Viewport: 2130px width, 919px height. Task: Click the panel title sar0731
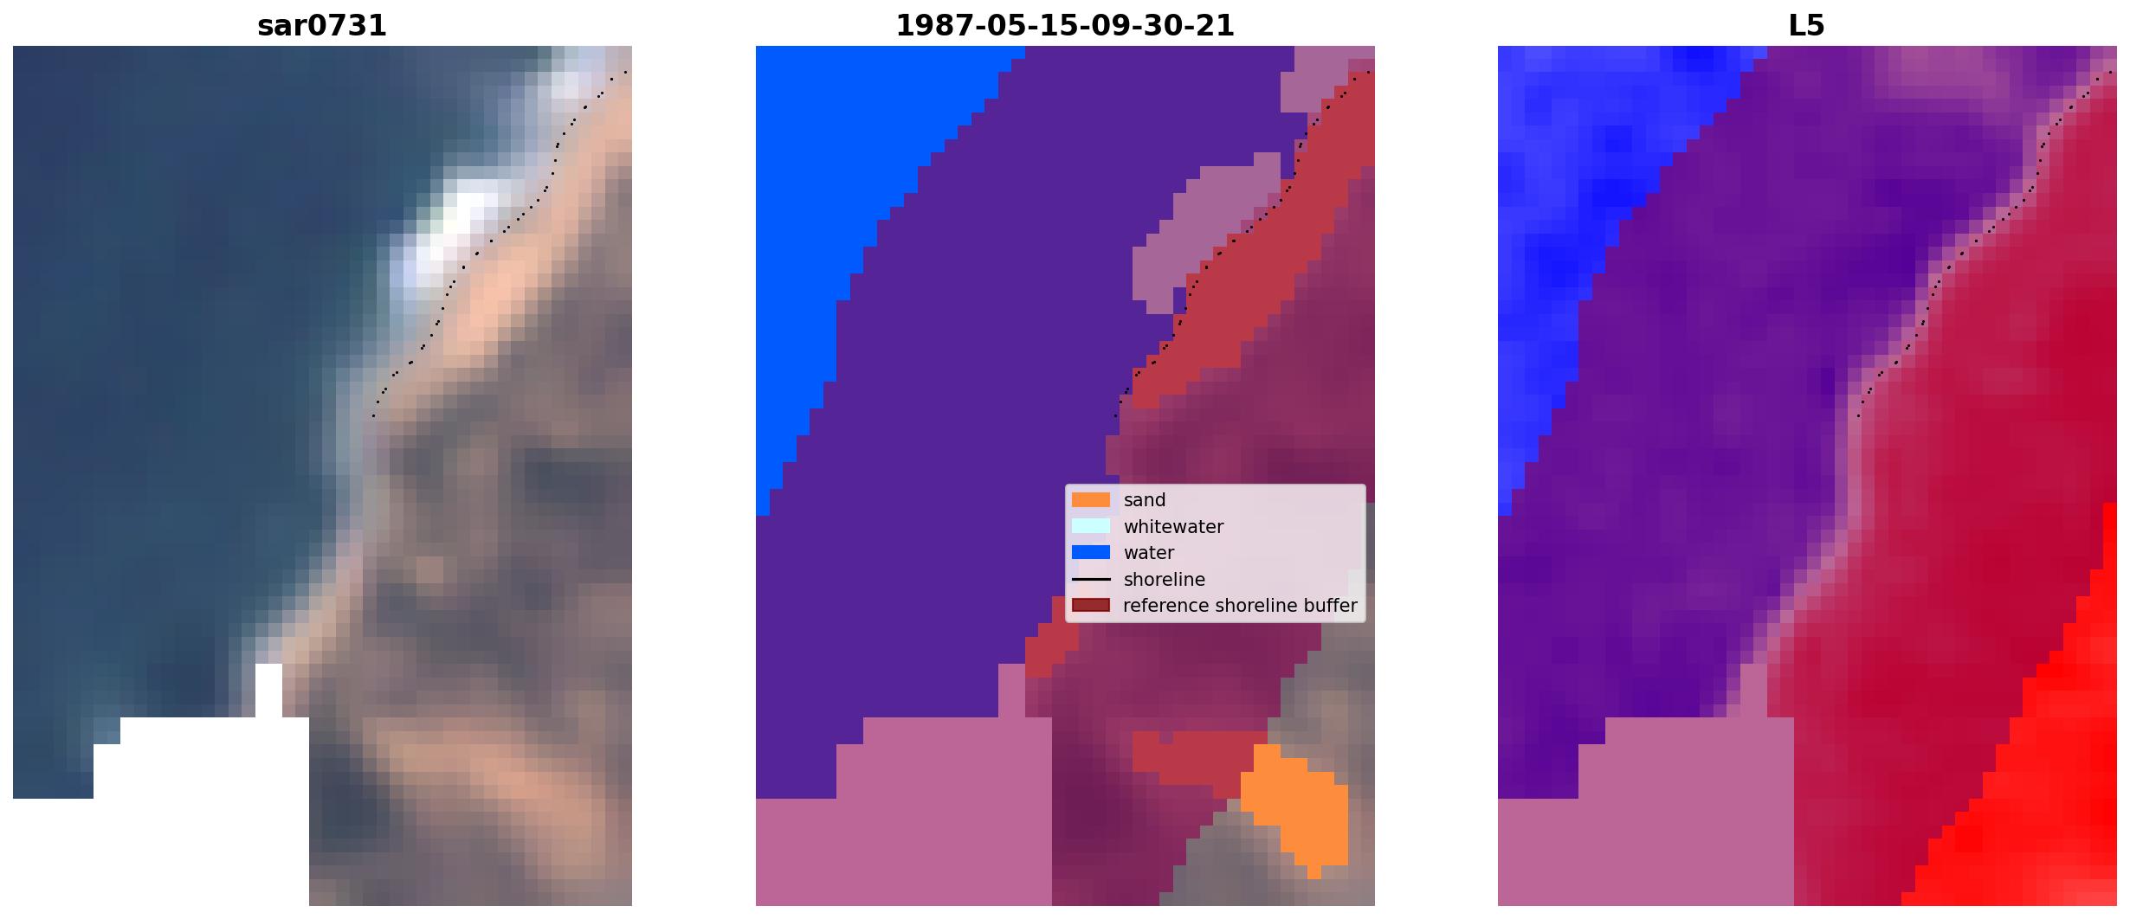[322, 25]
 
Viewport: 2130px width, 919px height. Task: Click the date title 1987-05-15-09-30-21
[1065, 25]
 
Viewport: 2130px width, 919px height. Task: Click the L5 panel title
[1807, 25]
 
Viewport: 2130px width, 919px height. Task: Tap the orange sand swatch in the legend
[1091, 500]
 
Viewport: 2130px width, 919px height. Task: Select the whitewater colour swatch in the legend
[1091, 526]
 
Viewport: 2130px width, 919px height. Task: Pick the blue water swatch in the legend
[1091, 552]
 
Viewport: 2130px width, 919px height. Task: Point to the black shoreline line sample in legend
[1091, 579]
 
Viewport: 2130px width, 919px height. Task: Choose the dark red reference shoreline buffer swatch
[1091, 605]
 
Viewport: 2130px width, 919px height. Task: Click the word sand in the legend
[1145, 500]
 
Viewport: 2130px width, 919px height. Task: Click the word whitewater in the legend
[1173, 526]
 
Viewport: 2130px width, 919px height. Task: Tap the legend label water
[1149, 553]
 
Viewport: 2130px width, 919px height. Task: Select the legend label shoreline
[1165, 580]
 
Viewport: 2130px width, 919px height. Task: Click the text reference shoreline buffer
[1240, 606]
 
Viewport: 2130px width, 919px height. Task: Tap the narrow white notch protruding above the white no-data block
[268, 691]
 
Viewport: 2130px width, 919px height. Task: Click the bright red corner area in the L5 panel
[2052, 779]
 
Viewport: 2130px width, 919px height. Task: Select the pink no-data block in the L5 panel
[1645, 813]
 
